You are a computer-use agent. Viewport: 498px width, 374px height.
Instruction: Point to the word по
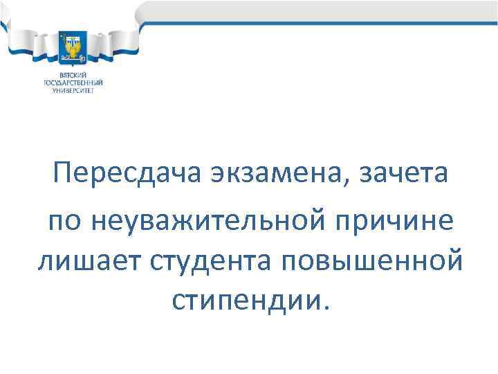(64, 222)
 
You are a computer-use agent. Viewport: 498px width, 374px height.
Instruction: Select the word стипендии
(241, 300)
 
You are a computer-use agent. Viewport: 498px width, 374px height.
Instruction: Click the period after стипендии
(317, 308)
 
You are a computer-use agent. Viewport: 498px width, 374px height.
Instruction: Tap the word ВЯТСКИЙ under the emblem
(72, 74)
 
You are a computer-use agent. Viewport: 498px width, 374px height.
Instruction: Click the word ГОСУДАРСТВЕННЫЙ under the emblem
(72, 82)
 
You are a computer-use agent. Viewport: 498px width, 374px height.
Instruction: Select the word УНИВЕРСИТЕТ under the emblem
(72, 89)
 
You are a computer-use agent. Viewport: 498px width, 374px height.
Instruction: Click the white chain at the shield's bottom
(73, 57)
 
